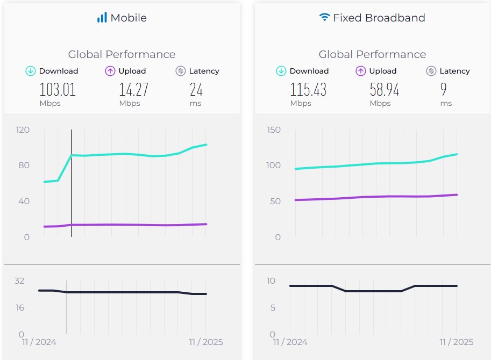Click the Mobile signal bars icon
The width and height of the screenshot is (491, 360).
tap(102, 18)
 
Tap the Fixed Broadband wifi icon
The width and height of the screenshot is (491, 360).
tap(324, 18)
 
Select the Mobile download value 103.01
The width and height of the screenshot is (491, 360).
tap(58, 89)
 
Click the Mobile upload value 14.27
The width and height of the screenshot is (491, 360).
tap(133, 89)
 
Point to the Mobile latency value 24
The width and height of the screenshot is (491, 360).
tap(196, 89)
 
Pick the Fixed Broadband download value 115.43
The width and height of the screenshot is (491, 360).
tap(308, 89)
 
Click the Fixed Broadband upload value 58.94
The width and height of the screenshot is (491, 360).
tap(384, 89)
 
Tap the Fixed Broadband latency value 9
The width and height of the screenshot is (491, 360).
tap(444, 89)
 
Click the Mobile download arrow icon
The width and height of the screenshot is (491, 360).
tap(31, 71)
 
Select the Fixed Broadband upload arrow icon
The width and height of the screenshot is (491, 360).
tap(360, 71)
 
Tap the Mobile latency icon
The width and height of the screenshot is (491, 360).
tap(181, 71)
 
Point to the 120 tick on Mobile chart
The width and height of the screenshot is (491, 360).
tap(23, 129)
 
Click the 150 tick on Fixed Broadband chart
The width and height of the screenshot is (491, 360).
tap(274, 129)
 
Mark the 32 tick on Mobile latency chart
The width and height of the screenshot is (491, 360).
tap(19, 280)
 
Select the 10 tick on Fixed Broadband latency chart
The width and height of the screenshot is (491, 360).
tap(271, 280)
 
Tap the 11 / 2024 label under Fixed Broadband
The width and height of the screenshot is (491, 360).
tap(290, 342)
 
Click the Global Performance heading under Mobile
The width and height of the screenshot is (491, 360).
tap(122, 54)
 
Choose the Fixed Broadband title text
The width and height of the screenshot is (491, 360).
tap(379, 18)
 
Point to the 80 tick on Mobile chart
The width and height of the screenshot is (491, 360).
tap(24, 165)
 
